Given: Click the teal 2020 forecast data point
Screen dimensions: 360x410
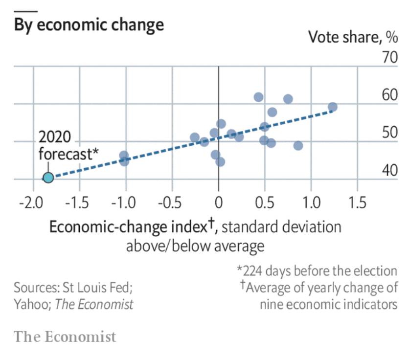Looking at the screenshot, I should click(47, 178).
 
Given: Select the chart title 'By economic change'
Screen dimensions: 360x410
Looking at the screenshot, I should click(89, 24).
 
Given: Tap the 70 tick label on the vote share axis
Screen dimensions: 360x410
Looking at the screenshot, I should click(390, 58).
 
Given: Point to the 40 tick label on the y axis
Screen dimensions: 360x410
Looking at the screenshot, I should click(390, 171).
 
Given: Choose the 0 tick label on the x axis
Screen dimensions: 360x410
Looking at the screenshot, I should click(218, 202).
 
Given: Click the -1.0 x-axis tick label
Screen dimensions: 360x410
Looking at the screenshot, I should click(125, 202).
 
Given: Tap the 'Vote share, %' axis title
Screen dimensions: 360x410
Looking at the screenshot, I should click(352, 37).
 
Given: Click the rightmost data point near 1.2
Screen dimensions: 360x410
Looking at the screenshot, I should click(332, 107).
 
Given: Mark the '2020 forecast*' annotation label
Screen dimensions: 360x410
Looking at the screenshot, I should click(68, 145).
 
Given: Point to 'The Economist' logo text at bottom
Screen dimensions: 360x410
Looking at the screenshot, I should click(65, 337).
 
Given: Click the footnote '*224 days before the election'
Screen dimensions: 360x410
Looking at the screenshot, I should click(317, 270).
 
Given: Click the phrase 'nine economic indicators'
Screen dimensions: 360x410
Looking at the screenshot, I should click(328, 304).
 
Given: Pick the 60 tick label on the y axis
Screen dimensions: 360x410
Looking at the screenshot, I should click(390, 95).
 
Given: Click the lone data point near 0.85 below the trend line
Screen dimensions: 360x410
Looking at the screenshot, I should click(297, 145).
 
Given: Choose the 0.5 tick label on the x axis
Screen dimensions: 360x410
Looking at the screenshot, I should click(264, 202).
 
